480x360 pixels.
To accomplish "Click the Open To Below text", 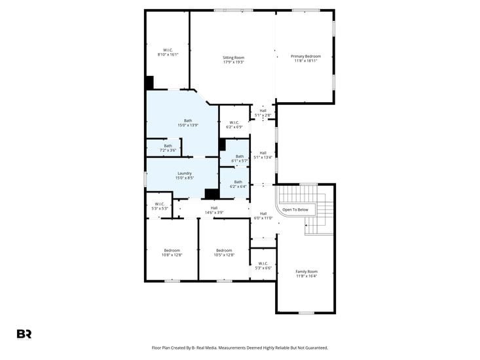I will point(295,209).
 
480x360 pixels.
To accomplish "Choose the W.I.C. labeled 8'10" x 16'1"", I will point(167,52).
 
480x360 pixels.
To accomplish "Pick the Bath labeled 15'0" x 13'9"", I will point(188,122).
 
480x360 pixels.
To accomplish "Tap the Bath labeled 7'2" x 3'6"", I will point(168,148).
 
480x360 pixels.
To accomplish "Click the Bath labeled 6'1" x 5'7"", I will point(240,158).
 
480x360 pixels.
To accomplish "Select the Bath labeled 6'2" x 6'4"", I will point(238,184).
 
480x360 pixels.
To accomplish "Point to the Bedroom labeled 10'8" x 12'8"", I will point(172,252).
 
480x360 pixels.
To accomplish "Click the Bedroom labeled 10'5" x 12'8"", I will point(224,252).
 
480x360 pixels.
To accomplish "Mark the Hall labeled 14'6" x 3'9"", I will point(213,209).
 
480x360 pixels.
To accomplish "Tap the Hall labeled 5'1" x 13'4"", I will point(263,154).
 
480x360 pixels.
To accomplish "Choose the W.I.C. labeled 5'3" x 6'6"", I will point(263,266).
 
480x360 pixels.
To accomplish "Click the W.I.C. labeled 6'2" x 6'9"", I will point(234,124).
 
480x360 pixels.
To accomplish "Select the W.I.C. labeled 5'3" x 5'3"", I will point(159,206).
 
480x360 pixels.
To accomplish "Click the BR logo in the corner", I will point(24,334).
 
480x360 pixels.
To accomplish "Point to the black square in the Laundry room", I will point(212,193).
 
